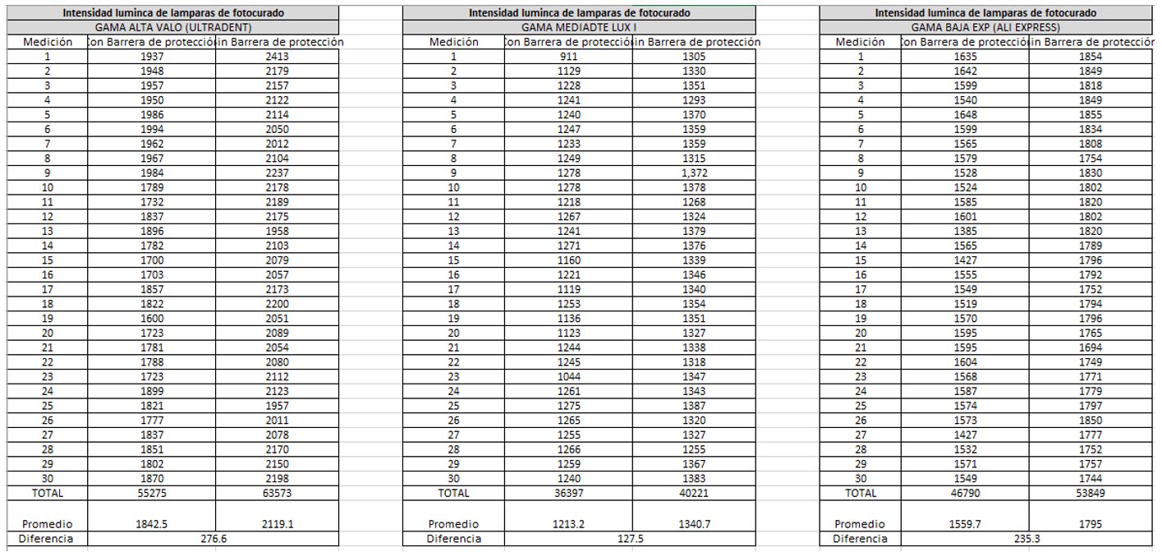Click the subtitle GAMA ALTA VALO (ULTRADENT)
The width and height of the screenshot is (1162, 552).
pos(173,27)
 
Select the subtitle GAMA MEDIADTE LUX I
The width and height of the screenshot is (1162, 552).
pos(579,27)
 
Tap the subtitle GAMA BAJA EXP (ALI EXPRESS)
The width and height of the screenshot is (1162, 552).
pos(985,27)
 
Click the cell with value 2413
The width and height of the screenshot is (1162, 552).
pos(278,57)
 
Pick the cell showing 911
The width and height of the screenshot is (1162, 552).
pos(568,57)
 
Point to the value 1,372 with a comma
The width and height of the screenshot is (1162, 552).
pos(694,173)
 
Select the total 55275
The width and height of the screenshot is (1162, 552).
pos(152,494)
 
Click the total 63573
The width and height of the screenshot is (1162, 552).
pos(278,494)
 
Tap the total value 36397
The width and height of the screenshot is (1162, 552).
pos(568,494)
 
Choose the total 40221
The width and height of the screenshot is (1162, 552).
pos(694,494)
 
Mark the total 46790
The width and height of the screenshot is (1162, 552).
pos(966,494)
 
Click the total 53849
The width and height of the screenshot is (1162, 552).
pos(1091,494)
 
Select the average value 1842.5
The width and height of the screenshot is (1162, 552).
pos(152,524)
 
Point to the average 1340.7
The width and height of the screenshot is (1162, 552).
pos(694,524)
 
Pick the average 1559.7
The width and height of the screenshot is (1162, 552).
pos(966,524)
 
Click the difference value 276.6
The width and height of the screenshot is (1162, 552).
pos(214,539)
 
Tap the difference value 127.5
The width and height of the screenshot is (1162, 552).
pos(630,539)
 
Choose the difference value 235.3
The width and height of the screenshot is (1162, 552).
pos(1027,539)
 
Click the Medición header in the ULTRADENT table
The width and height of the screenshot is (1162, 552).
pos(48,42)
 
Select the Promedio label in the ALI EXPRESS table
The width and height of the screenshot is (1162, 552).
pos(860,524)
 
